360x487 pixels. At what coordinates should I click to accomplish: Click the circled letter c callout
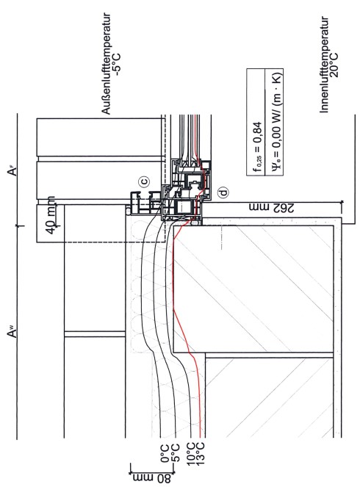pos(144,181)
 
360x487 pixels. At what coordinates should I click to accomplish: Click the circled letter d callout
pos(223,192)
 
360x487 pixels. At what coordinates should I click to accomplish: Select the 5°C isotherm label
pos(176,453)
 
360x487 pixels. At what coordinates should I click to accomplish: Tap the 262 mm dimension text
pos(271,208)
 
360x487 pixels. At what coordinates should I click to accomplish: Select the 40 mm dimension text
pos(51,215)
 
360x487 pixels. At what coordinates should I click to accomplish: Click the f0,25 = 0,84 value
pos(257,147)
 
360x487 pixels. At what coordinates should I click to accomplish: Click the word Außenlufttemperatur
pos(107,64)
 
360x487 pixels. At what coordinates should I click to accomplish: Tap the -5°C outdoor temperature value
pos(117,65)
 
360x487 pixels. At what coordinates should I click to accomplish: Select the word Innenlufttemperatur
pos(324,65)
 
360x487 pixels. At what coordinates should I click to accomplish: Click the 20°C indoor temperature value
pos(334,65)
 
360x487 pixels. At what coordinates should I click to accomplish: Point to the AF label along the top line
pos(12,171)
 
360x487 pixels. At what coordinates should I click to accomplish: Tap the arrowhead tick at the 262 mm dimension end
pos(342,202)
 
